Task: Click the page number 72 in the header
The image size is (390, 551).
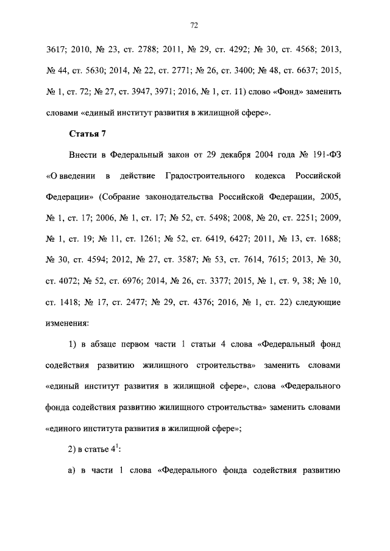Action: (194, 25)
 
